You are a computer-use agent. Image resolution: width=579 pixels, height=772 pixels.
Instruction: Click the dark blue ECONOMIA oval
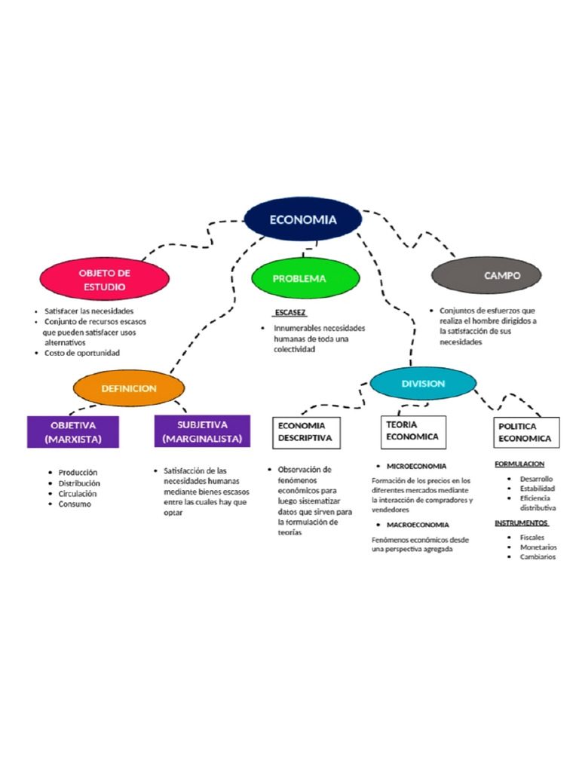[302, 219]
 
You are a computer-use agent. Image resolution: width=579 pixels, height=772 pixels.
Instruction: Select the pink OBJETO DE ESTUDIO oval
[105, 279]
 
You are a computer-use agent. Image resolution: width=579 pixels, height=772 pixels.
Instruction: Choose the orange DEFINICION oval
[129, 388]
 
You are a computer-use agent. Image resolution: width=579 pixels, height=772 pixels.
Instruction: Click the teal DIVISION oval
[423, 384]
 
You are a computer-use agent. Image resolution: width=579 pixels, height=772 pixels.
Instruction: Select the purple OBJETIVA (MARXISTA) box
[72, 432]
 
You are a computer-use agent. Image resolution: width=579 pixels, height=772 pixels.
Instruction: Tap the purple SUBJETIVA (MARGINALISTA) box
[201, 431]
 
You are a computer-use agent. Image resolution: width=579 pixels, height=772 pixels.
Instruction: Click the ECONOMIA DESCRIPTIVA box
[305, 432]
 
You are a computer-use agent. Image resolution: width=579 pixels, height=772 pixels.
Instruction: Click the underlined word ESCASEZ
[289, 312]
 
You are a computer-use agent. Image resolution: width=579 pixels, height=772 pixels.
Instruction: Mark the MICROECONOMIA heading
[416, 466]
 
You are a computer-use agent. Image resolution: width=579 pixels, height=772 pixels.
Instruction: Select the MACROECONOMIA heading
[418, 524]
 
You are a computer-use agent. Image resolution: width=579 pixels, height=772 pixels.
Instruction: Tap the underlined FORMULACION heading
[519, 464]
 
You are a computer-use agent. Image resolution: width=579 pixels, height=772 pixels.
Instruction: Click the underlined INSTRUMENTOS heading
[521, 522]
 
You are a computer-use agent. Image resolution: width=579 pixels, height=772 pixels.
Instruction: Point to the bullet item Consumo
[75, 504]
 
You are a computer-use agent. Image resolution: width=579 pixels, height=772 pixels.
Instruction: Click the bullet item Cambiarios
[538, 557]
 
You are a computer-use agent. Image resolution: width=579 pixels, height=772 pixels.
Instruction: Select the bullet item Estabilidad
[537, 489]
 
